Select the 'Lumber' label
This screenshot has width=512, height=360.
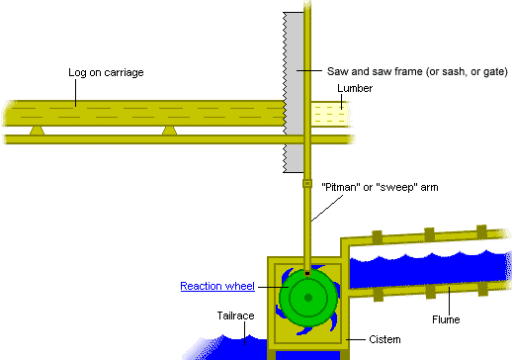[355, 88]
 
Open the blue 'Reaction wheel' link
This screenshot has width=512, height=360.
[217, 286]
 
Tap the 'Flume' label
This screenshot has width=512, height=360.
[448, 319]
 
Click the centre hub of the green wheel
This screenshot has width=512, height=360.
[308, 297]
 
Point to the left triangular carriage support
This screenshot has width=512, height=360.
[37, 131]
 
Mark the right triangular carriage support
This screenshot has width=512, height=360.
[170, 131]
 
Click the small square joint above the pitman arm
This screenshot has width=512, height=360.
[306, 183]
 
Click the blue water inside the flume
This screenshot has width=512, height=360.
[425, 273]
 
